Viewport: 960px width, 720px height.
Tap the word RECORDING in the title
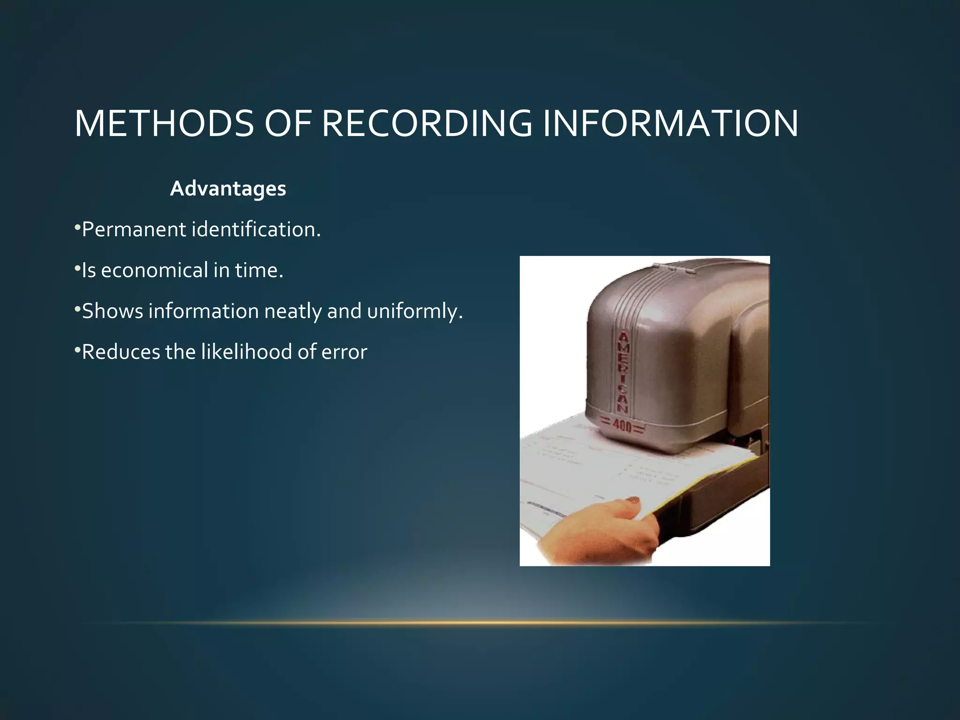427,123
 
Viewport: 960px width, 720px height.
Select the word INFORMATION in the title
670,123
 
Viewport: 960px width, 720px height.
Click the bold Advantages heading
228,189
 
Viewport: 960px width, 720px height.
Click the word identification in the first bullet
256,230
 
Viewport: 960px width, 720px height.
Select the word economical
154,270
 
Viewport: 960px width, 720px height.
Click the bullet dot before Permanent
77,228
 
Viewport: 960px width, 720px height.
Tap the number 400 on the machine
623,427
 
